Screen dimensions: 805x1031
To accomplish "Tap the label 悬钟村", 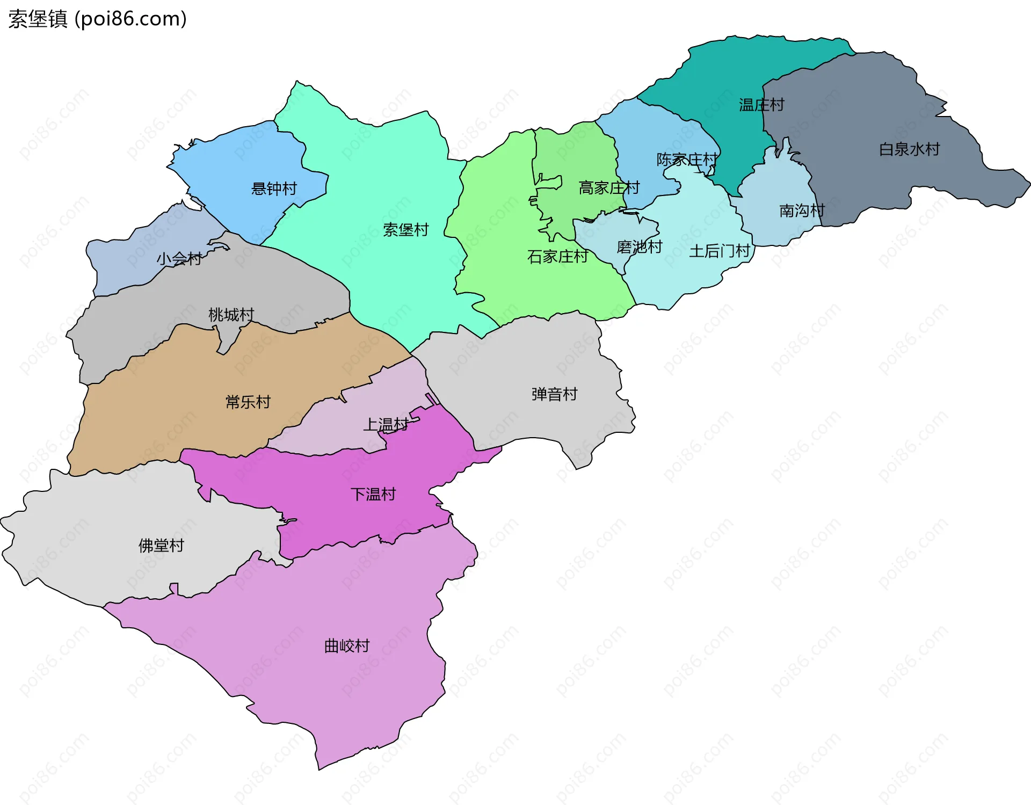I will click(x=274, y=188).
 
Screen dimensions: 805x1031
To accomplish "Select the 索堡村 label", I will click(x=405, y=230).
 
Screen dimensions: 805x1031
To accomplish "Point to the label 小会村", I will click(x=179, y=259).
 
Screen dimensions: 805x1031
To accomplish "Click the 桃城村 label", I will click(x=231, y=314).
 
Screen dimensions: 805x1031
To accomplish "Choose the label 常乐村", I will click(x=248, y=402).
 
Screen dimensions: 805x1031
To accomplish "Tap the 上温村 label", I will click(x=386, y=425).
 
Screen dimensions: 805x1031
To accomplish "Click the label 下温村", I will click(x=373, y=494).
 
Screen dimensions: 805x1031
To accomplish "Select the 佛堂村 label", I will click(x=161, y=546).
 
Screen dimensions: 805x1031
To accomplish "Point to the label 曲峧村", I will click(x=347, y=646).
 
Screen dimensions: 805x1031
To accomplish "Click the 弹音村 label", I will click(x=554, y=394).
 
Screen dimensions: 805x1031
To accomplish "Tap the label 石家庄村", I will click(x=557, y=257).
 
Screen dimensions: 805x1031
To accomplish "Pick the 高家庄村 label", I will click(x=609, y=188).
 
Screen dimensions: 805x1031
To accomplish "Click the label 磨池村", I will click(x=639, y=247).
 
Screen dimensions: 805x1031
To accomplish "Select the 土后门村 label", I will click(x=719, y=251).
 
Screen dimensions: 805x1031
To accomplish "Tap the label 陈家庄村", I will click(x=687, y=159).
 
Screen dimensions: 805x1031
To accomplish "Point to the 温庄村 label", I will click(x=761, y=105).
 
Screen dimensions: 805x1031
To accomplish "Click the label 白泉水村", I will click(x=909, y=149).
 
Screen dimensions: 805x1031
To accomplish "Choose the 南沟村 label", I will click(x=801, y=211).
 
